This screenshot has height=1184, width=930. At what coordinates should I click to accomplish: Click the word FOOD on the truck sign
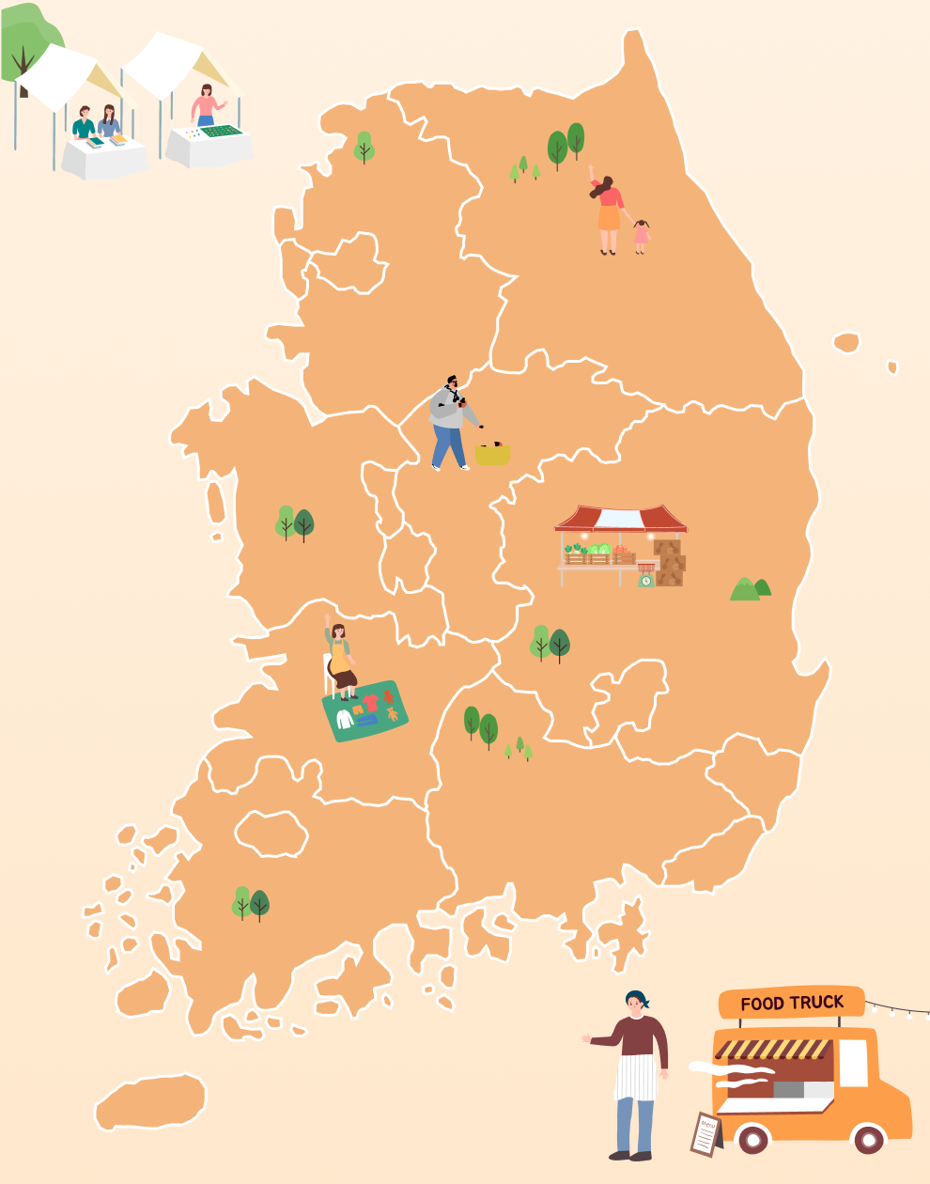pos(762,1005)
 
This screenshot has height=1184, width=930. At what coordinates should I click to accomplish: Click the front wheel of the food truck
pos(868,1139)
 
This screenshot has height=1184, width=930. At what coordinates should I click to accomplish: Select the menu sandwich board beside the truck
pos(705,1133)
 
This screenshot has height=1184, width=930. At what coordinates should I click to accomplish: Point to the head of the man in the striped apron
pos(637,1003)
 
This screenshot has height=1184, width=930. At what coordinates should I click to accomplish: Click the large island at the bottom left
pos(150,1101)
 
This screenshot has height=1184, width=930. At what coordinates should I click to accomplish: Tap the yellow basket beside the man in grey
pos(492,454)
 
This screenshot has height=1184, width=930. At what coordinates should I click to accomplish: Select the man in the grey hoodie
pos(449,422)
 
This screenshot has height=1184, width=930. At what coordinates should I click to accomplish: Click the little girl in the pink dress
pos(641,235)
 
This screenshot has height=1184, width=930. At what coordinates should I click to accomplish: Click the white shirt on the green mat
pos(345,719)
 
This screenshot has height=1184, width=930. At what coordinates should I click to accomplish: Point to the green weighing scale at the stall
pos(646,578)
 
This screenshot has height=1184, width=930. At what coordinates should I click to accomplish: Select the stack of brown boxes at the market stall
pos(670,562)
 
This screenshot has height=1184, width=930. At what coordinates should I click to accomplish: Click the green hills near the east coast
pos(750,589)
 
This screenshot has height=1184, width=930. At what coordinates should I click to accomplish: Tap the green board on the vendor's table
pos(223,132)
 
